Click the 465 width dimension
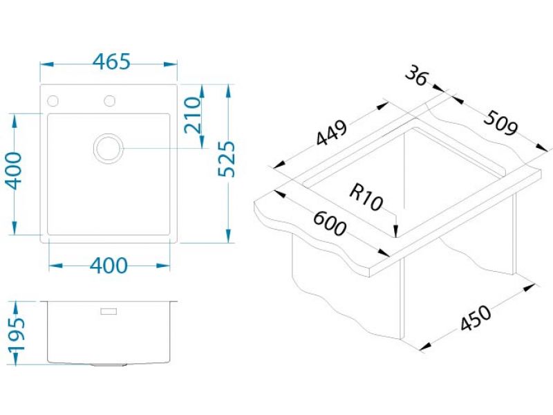point(111,62)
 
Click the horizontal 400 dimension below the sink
point(109,266)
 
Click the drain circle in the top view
point(109,147)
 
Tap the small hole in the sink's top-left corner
point(52,101)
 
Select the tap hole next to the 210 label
point(109,101)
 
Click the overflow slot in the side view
point(109,312)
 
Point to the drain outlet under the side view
point(109,364)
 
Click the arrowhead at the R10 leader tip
point(395,233)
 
